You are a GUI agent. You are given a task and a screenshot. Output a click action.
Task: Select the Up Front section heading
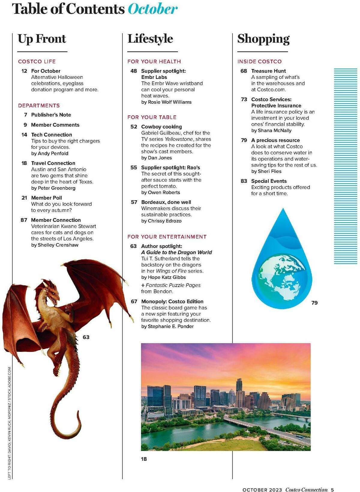42,39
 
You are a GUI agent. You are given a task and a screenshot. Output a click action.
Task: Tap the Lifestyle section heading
150,39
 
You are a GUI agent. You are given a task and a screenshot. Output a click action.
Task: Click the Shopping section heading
263,39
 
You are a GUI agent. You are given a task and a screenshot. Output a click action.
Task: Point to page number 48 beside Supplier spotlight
133,71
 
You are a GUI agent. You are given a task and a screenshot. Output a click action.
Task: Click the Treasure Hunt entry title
268,71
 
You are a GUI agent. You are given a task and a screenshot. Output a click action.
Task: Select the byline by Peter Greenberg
53,188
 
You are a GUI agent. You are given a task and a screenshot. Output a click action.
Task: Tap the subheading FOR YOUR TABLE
152,117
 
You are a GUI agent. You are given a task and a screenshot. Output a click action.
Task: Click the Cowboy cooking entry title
161,127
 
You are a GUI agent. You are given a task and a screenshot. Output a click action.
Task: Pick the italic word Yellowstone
179,139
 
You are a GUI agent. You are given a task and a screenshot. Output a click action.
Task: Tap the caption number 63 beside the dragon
86,337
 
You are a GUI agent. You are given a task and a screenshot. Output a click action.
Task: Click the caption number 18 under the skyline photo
144,459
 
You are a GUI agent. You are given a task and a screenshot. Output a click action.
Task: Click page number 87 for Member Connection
24,220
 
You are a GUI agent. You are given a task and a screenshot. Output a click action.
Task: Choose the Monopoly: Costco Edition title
172,301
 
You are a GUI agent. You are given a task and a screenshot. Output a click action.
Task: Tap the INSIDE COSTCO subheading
259,62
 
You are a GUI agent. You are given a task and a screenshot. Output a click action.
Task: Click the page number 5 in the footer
332,490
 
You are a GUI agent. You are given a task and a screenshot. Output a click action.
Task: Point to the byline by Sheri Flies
266,171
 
